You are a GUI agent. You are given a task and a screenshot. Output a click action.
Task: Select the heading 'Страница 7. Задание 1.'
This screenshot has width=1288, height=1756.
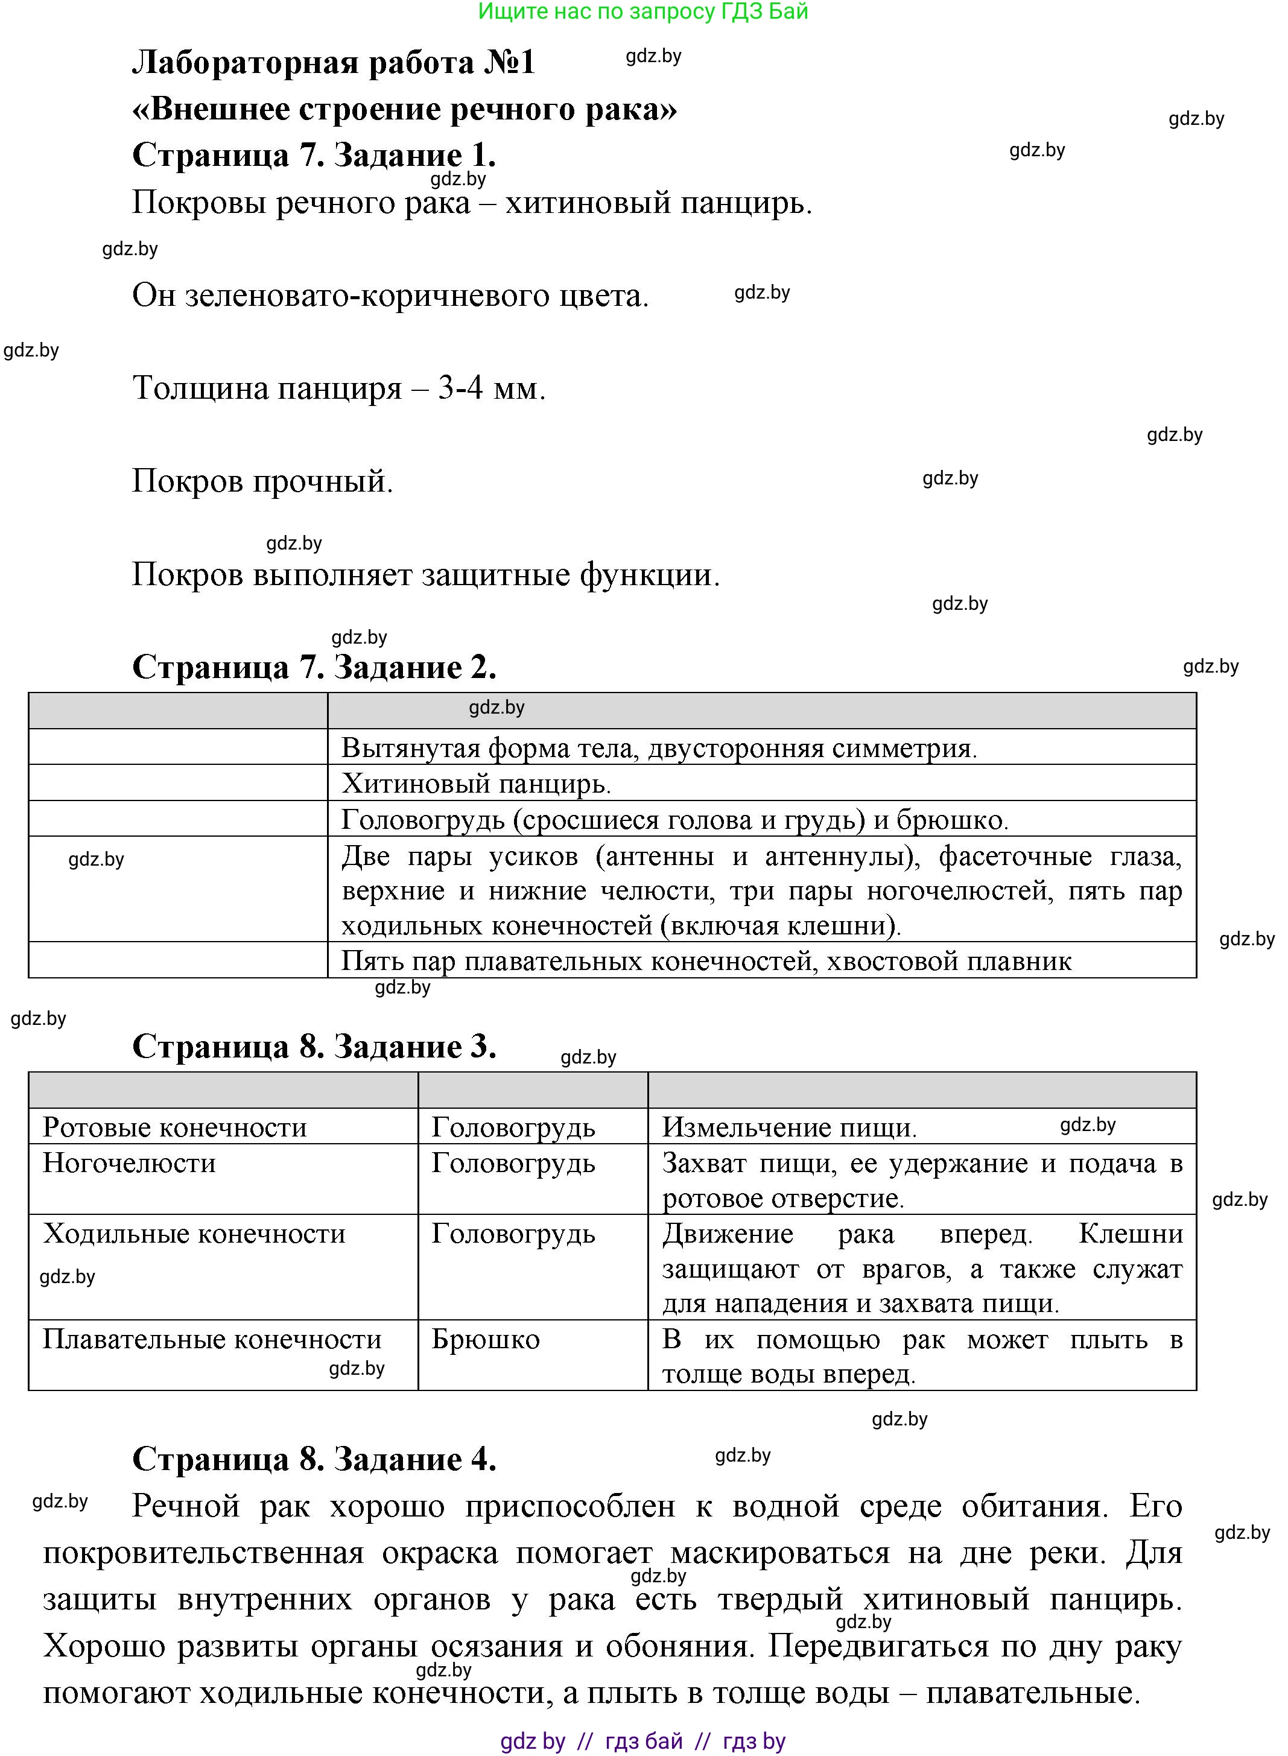click(314, 155)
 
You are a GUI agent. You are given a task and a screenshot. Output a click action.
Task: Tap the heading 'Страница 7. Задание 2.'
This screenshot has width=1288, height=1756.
click(314, 667)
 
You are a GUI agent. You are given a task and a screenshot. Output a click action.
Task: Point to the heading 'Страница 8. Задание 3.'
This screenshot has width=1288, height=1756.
click(314, 1047)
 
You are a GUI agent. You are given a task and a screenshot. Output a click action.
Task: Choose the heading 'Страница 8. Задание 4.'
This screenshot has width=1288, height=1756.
click(314, 1459)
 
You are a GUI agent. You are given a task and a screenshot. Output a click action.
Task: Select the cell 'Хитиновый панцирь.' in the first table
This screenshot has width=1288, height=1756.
click(477, 784)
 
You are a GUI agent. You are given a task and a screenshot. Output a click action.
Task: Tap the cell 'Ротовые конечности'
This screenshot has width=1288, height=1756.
click(174, 1127)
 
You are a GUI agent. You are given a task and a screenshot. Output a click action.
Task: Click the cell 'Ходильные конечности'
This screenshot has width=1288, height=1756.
click(194, 1234)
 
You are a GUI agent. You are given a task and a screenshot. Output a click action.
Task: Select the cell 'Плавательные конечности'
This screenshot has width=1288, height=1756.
click(212, 1339)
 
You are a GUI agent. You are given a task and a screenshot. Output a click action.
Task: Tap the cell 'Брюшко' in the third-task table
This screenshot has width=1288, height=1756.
click(486, 1339)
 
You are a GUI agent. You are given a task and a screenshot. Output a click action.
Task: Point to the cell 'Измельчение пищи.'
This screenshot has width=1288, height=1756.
click(789, 1127)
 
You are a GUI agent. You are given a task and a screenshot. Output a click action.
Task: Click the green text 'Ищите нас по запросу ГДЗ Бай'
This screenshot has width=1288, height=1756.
click(643, 11)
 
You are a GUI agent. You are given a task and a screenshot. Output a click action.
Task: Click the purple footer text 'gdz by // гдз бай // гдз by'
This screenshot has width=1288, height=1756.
click(643, 1741)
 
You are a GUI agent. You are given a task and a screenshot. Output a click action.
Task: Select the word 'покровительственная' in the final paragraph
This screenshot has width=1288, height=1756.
click(203, 1553)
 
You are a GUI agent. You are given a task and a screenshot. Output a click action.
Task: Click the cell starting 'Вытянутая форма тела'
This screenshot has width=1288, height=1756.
click(659, 748)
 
